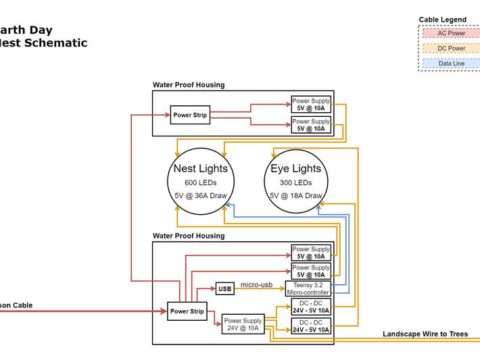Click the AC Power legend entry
[452, 33]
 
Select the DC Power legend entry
[452, 49]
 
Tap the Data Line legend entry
[452, 63]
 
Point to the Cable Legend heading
[443, 20]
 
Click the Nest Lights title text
[201, 168]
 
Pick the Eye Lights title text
[296, 168]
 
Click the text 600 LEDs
[201, 183]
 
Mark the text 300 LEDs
[296, 183]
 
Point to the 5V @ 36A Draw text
[201, 196]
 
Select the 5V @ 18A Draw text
[296, 196]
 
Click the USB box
[224, 289]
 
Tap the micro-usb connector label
[256, 285]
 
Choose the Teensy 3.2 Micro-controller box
[311, 289]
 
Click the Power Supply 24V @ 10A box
[243, 325]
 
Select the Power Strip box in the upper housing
[190, 115]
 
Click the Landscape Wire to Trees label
[425, 334]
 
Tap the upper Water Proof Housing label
[189, 85]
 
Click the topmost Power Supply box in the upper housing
[311, 105]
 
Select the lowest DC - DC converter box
[311, 327]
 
